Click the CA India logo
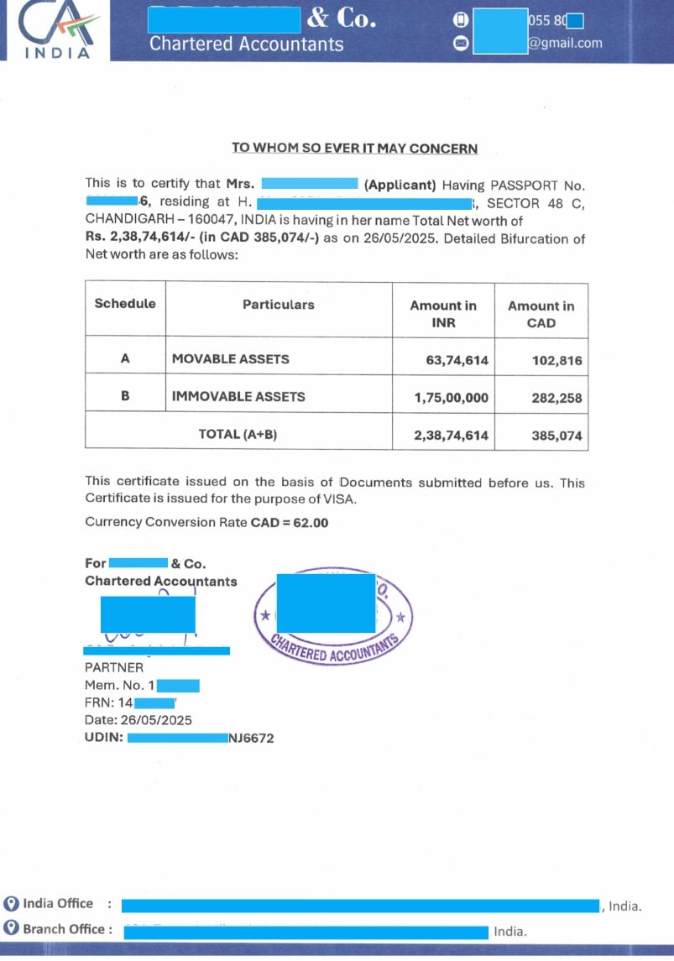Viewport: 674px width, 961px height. (x=57, y=30)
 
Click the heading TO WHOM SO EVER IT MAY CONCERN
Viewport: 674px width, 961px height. (x=354, y=149)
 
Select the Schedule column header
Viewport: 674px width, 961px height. (x=125, y=304)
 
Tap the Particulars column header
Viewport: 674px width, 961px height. (x=279, y=305)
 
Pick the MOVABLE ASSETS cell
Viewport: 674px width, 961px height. (x=231, y=359)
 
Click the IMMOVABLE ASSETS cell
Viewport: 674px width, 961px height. (x=238, y=396)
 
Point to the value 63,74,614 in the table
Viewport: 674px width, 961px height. (x=457, y=360)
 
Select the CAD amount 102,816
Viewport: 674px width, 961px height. (x=556, y=360)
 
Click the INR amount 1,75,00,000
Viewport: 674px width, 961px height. (x=451, y=398)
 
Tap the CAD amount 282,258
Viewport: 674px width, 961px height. (x=556, y=398)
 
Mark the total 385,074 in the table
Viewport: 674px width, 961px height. (x=556, y=436)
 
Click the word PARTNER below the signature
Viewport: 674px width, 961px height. (x=114, y=667)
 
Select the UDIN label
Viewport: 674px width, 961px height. (x=104, y=738)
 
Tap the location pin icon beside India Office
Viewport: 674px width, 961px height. (x=11, y=904)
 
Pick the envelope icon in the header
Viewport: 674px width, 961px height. (x=460, y=44)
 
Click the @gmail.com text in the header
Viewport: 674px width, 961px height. (x=565, y=44)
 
